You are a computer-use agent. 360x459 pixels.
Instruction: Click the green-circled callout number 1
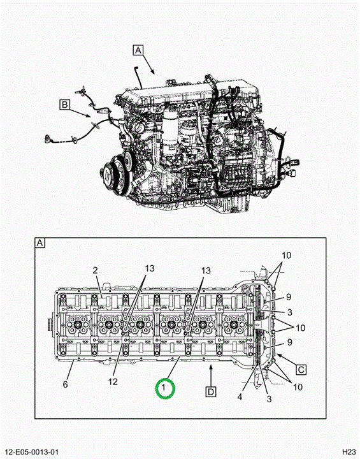click(x=164, y=388)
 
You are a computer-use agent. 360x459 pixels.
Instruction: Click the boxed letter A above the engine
click(x=138, y=50)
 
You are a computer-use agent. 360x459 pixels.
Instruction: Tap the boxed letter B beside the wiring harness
click(x=65, y=105)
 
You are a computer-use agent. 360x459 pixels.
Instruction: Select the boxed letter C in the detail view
click(x=301, y=370)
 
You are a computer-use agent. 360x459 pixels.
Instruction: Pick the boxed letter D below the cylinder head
click(x=211, y=391)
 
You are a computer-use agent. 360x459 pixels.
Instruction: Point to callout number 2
click(x=95, y=270)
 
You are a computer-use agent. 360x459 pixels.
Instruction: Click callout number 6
click(x=65, y=384)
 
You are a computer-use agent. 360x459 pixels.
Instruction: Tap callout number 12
click(x=113, y=381)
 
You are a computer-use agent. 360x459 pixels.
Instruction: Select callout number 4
click(x=240, y=397)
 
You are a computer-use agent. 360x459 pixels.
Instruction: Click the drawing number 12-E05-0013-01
click(x=32, y=452)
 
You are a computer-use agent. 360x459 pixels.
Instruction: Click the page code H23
click(x=349, y=452)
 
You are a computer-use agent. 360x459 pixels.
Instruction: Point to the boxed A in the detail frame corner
click(x=40, y=243)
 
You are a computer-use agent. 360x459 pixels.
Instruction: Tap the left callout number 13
click(x=150, y=268)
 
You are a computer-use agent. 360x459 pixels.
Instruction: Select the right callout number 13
click(x=206, y=270)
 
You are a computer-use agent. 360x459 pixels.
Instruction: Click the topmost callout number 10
click(x=286, y=255)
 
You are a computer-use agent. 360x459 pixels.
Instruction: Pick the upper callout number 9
click(x=289, y=297)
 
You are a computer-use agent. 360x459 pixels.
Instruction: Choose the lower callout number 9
click(x=289, y=342)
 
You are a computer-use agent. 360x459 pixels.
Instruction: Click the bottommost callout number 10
click(x=298, y=387)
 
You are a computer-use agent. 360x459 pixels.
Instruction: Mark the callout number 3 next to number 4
click(x=269, y=398)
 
